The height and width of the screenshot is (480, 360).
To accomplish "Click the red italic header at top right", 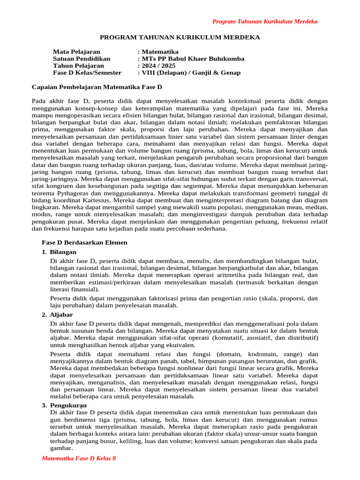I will [x=265, y=22].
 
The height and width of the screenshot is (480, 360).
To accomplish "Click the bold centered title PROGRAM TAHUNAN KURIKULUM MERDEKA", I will [x=180, y=37].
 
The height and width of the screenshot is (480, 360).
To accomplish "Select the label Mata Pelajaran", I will [x=76, y=52].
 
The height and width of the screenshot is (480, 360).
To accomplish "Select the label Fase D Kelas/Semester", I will [x=87, y=73].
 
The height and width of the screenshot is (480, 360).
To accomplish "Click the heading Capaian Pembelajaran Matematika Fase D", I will [x=97, y=87].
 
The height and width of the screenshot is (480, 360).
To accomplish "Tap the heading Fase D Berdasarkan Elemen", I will [x=85, y=242].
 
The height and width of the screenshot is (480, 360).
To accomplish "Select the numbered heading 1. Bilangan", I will [x=59, y=252].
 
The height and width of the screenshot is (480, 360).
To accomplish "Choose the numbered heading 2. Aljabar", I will [x=57, y=315].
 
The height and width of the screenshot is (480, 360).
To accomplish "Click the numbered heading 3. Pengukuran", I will [x=64, y=405].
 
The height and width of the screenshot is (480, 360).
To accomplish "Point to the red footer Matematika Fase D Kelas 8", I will [x=79, y=458].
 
